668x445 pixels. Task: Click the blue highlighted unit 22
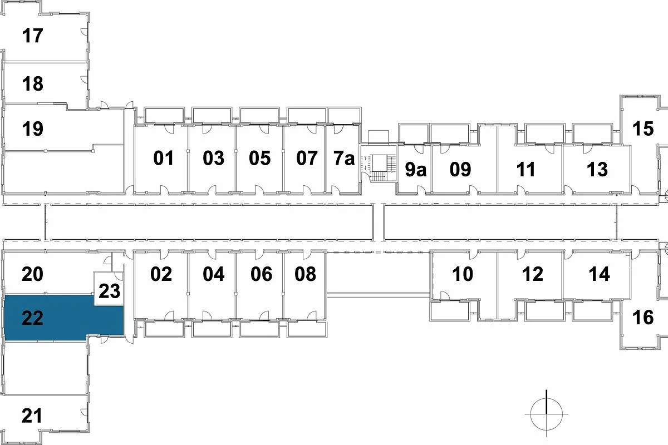[61, 317]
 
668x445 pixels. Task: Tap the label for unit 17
[33, 36]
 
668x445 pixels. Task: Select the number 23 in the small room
[109, 291]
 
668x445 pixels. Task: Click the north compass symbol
[546, 414]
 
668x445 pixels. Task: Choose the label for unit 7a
[344, 159]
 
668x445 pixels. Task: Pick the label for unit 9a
[415, 169]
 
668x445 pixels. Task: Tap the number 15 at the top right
[643, 129]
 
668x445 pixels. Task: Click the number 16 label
[643, 318]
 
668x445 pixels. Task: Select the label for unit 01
[164, 159]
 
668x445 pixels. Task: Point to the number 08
[305, 274]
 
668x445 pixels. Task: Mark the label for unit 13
[597, 169]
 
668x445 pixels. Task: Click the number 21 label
[33, 416]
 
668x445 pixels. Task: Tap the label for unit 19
[33, 129]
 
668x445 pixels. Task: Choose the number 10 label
[463, 274]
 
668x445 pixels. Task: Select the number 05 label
[259, 159]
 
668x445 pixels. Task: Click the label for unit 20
[33, 274]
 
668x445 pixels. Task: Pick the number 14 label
[599, 274]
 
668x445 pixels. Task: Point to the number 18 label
[33, 85]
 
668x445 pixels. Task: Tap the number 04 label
[214, 274]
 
